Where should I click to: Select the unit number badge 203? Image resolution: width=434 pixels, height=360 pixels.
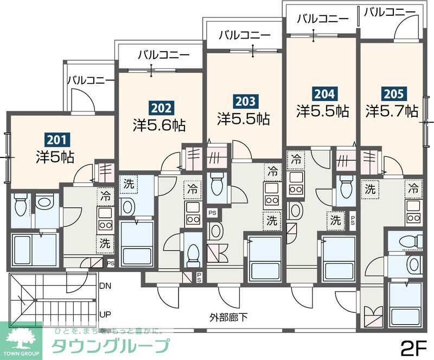[x=244, y=100]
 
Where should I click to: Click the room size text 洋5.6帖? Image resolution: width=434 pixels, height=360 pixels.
[x=159, y=125]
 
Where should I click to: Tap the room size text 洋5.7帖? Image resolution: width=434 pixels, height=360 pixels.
[x=392, y=111]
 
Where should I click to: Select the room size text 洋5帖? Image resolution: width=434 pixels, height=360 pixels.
[x=55, y=157]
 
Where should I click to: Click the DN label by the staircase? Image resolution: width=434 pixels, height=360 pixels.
[x=105, y=286]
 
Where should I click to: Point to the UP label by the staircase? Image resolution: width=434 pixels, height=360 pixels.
[x=105, y=314]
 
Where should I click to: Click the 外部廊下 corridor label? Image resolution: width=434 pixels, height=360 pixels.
[x=229, y=318]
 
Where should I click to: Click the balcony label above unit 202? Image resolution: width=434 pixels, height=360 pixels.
[x=163, y=54]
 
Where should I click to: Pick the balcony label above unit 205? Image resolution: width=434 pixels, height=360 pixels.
[x=390, y=11]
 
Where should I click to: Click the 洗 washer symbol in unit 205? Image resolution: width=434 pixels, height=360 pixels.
[x=371, y=190]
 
